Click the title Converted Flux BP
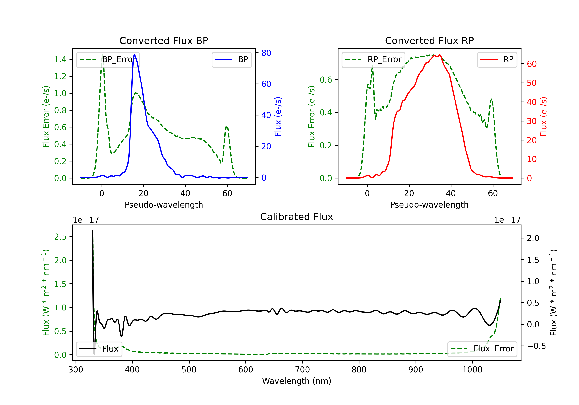pos(164,40)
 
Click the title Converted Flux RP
pos(429,40)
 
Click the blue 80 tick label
pos(266,53)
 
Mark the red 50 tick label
pos(532,83)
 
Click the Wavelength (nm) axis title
pos(297,381)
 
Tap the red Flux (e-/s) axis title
pos(543,116)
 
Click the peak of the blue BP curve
pos(134,55)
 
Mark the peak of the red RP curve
pos(439,55)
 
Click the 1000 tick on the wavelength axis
pos(472,370)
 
